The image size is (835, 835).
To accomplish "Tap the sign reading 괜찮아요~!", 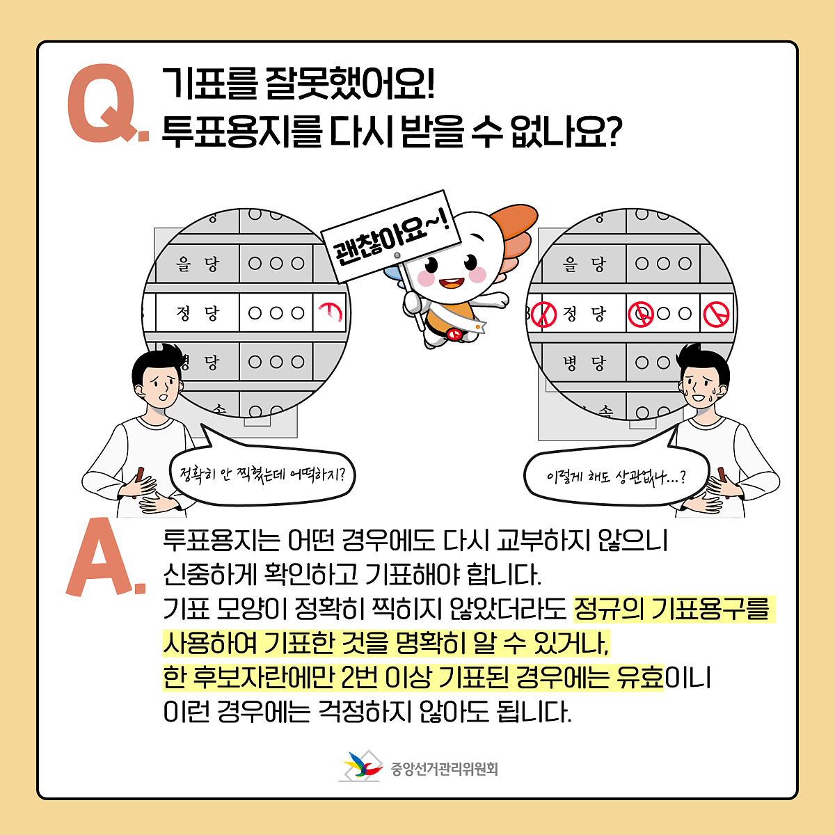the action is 390,235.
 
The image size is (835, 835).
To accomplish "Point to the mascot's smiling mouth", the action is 451,283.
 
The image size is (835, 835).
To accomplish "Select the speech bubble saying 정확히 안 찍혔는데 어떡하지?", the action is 262,476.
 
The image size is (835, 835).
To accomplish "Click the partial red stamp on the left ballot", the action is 331,312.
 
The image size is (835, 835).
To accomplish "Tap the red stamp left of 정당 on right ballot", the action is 544,315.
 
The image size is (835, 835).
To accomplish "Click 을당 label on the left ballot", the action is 198,264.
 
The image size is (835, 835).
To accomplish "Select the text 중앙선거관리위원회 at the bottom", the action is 444,769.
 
